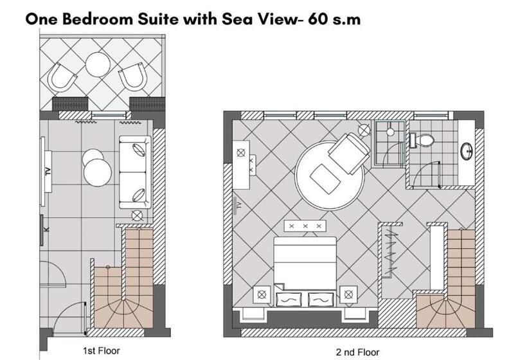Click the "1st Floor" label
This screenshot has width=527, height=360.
pos(101,351)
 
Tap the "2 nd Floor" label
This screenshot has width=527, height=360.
pos(357,352)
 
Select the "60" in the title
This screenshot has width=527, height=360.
pos(318,19)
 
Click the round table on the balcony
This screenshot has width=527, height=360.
pos(98,64)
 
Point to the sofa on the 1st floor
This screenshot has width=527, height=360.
pos(135,172)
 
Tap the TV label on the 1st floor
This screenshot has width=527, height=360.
pos(48,172)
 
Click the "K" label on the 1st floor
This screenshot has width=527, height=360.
pos(47,230)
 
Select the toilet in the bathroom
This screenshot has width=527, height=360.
pos(422,140)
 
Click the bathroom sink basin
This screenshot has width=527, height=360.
pos(467,151)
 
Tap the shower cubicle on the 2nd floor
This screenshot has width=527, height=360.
pos(389,144)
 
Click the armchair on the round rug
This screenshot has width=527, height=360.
pos(349,153)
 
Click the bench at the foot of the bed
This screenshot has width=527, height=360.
pos(305,226)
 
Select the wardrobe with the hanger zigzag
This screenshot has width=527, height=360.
pos(390,250)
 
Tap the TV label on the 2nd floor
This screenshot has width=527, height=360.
pos(239,204)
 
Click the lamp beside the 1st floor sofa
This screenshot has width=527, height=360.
pos(137,216)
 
